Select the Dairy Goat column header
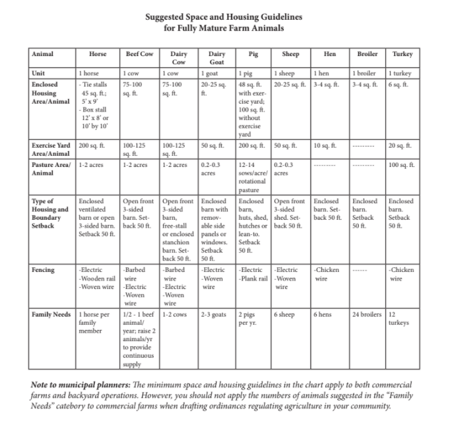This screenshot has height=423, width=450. (216, 57)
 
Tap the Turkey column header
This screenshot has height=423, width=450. (402, 53)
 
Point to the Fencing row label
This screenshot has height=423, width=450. (44, 270)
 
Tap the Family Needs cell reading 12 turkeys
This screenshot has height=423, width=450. (400, 318)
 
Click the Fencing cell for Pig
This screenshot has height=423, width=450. (253, 274)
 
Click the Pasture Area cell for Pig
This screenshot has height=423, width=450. (253, 174)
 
